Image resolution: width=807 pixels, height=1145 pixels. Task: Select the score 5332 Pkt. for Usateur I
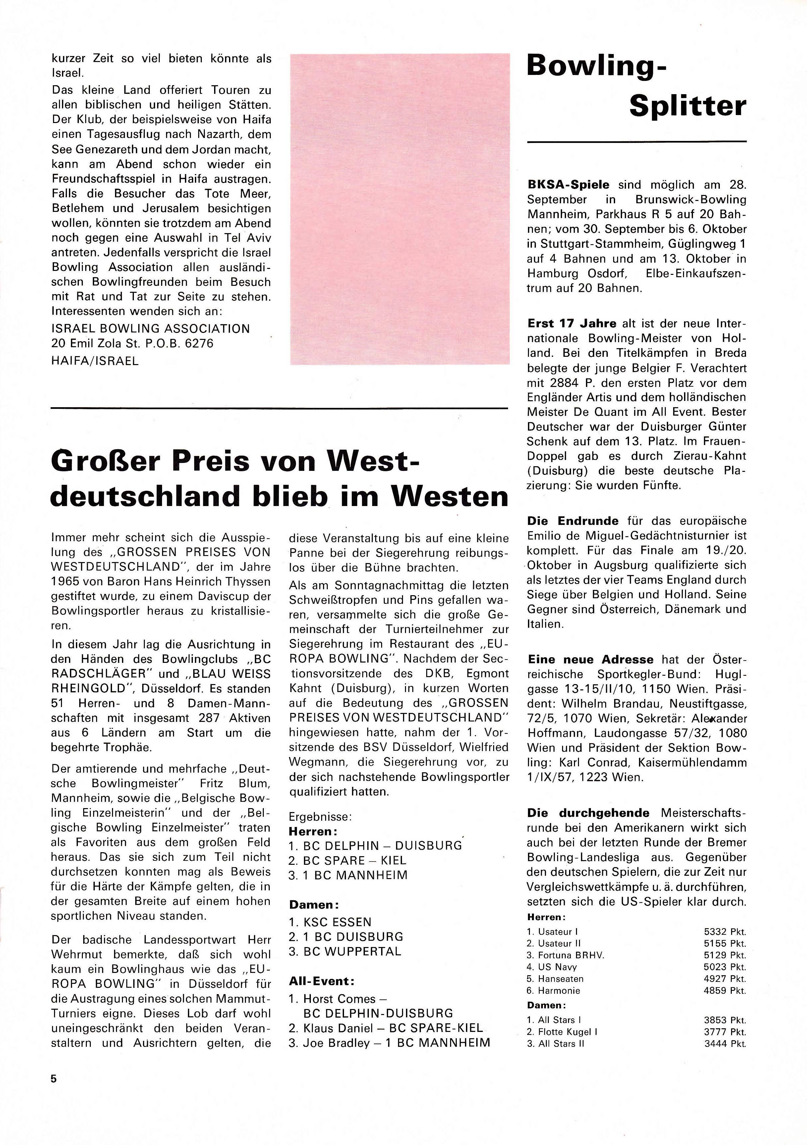coord(725,931)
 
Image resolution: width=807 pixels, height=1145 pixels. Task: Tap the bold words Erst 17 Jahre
coord(572,324)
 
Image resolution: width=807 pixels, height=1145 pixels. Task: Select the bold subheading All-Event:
coord(321,981)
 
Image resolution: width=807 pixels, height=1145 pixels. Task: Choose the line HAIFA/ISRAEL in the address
coord(95,361)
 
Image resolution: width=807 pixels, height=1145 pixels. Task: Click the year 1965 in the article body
coord(66,582)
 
